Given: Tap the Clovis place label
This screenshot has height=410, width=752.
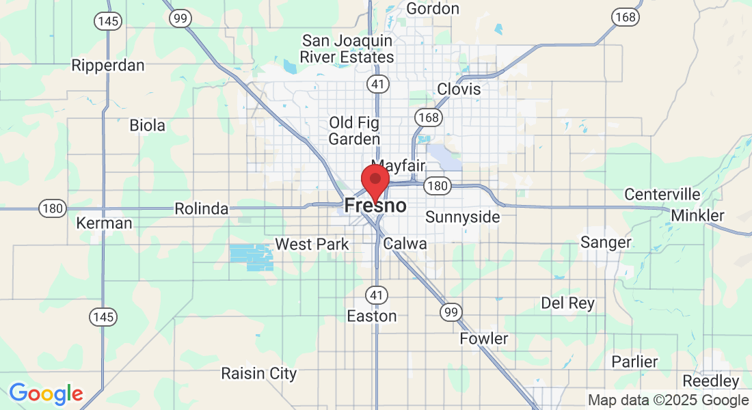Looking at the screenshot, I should tap(459, 90).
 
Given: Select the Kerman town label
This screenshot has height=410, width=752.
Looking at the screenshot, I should tap(104, 223).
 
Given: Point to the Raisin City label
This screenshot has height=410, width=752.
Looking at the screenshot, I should tap(258, 373).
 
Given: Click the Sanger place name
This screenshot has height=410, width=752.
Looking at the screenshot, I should tap(606, 243).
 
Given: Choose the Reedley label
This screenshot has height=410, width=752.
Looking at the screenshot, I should tap(710, 381).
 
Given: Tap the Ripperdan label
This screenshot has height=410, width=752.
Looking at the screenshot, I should tap(108, 66).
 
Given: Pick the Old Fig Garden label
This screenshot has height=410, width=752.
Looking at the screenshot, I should tap(354, 131).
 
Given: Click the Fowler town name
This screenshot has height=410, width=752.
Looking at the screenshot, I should tap(483, 339).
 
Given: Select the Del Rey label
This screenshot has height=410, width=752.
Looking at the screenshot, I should tap(567, 303).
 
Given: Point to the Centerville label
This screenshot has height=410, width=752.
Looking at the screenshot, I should tap(662, 195).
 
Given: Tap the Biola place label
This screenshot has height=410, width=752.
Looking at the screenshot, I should tap(147, 126).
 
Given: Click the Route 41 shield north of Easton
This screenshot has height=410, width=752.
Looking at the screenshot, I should tap(376, 295).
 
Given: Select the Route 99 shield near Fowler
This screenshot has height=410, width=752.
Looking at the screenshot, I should tap(451, 312).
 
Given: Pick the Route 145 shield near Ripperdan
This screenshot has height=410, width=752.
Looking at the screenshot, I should tap(108, 22).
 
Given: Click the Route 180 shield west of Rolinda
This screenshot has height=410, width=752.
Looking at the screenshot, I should tap(53, 208).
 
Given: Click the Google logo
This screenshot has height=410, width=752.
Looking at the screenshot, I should tap(46, 394).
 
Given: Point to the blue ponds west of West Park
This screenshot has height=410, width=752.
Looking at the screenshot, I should tap(251, 256).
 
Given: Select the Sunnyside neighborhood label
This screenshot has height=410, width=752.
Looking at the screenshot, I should tap(462, 217).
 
